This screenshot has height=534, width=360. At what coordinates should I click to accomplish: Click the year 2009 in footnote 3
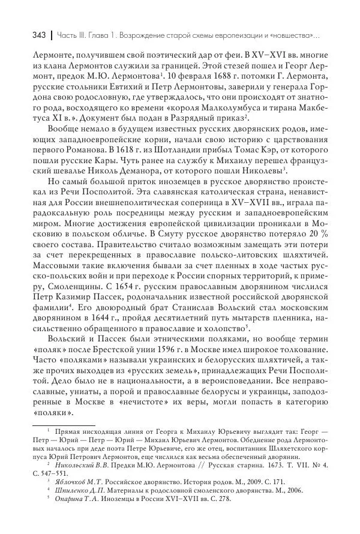243,481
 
